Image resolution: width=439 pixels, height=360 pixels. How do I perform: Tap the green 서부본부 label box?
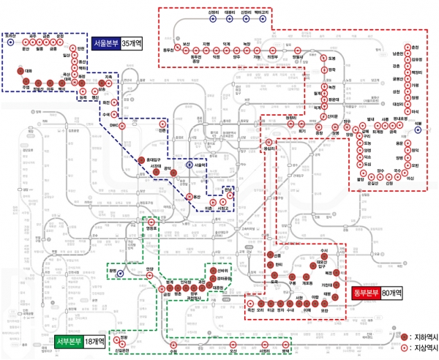[x=69, y=341]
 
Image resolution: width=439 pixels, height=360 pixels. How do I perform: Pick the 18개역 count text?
[x=94, y=341]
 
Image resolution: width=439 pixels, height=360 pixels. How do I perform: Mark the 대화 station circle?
[x=20, y=72]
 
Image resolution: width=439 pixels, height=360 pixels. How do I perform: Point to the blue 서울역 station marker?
[x=190, y=165]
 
